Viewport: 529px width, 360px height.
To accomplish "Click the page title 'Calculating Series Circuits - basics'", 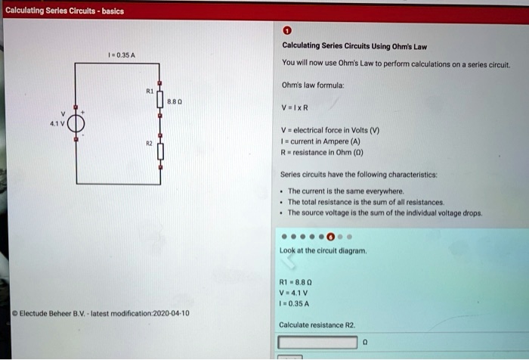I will [x=64, y=11].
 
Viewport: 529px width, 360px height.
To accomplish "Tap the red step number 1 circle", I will [x=286, y=31].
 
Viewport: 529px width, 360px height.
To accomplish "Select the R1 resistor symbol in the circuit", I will [x=159, y=98].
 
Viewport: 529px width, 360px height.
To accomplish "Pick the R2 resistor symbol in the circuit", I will [x=159, y=151].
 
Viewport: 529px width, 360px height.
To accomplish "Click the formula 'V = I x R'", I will [x=295, y=107].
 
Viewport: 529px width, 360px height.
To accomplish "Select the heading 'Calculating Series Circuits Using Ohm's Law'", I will [x=352, y=46].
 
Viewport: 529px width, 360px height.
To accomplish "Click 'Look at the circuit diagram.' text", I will [x=323, y=250].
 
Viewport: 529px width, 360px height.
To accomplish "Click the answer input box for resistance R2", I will [x=317, y=342].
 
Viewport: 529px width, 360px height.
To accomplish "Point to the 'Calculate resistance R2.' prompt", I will [x=317, y=324].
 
